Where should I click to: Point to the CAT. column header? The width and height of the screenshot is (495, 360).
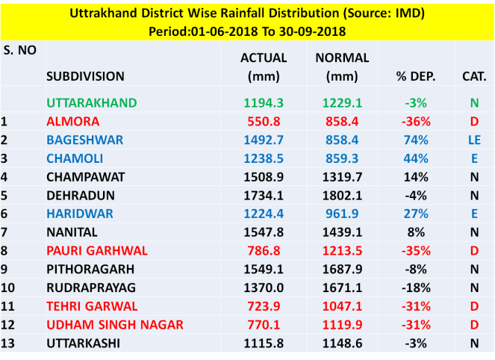point(474,76)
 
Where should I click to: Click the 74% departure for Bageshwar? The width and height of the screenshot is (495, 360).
point(417,140)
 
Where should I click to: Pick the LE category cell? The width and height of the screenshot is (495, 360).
point(475,140)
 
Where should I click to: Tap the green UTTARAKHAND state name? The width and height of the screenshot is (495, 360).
point(92,102)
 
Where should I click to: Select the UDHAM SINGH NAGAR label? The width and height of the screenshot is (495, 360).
point(114,325)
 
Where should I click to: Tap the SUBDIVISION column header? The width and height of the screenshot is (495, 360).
point(85,76)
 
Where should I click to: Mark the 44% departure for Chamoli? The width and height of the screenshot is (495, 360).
point(417,158)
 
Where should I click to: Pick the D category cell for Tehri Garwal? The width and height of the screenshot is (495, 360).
point(475,306)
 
